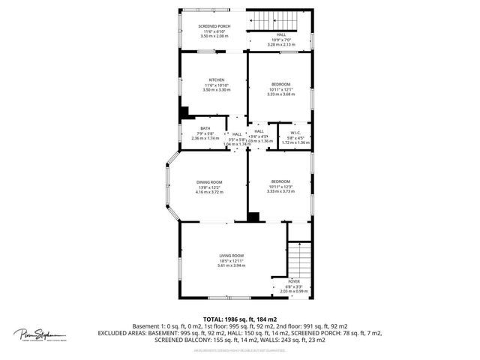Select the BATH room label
pos(205,128)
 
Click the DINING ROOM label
pos(209,182)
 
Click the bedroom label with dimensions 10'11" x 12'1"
pos(280,84)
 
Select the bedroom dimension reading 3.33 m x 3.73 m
pos(280,192)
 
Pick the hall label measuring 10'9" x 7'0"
pos(281,34)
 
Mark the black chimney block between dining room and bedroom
pos(254,217)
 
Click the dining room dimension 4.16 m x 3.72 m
pos(209,192)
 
